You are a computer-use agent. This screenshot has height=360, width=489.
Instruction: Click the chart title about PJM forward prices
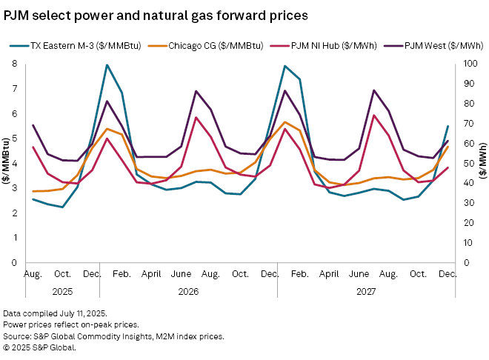(x=156, y=13)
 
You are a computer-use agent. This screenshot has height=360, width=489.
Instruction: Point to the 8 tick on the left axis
(x=15, y=64)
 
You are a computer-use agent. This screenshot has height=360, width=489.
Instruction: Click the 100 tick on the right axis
(x=461, y=64)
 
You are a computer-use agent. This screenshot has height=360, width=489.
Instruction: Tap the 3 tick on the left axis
(x=15, y=188)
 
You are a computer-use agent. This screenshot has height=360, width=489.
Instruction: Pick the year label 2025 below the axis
(x=62, y=291)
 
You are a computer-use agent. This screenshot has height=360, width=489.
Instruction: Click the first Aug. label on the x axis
(x=33, y=273)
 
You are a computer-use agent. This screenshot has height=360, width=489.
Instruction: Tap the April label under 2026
(x=152, y=273)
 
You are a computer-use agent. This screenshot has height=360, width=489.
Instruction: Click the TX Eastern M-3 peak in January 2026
(x=107, y=65)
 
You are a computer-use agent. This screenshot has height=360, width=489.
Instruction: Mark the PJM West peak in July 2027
(x=374, y=90)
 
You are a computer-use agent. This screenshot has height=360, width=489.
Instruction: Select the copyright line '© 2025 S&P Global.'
(x=39, y=346)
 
